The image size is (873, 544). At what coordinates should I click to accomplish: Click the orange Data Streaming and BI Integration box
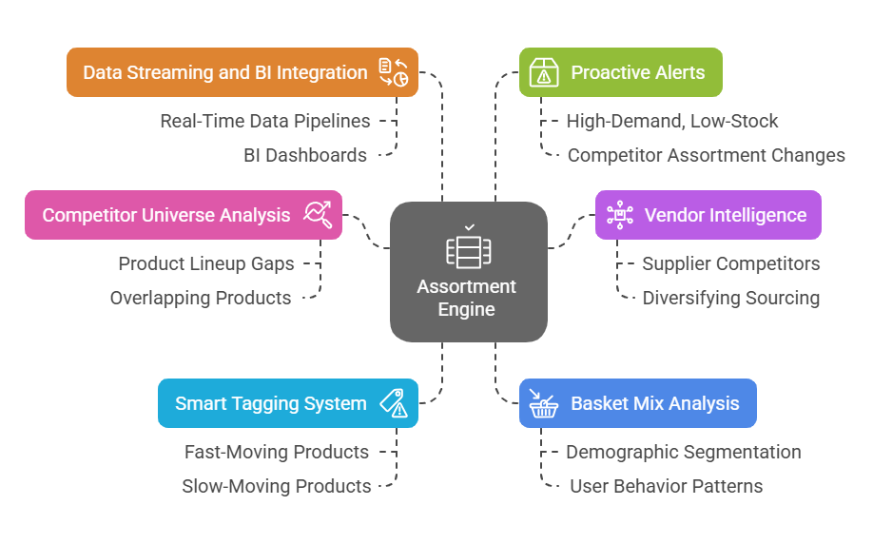pyautogui.click(x=242, y=72)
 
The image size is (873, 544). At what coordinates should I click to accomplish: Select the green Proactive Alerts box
pyautogui.click(x=620, y=72)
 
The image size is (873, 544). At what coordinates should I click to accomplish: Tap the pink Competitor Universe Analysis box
pyautogui.click(x=184, y=214)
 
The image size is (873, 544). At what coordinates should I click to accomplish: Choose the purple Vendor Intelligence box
pyautogui.click(x=708, y=214)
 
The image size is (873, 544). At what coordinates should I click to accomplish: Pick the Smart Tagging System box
pyautogui.click(x=287, y=403)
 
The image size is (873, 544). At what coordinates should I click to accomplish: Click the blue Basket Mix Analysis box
pyautogui.click(x=637, y=403)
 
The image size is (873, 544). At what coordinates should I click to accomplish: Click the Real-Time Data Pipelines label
pyautogui.click(x=264, y=121)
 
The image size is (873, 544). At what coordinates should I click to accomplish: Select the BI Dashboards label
pyautogui.click(x=305, y=155)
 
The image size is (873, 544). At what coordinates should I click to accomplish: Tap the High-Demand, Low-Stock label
pyautogui.click(x=671, y=121)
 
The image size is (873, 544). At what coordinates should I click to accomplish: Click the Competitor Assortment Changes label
pyautogui.click(x=706, y=155)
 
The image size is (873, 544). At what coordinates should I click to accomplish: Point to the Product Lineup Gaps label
pyautogui.click(x=206, y=263)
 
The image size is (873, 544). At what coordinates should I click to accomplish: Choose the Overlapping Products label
pyautogui.click(x=201, y=298)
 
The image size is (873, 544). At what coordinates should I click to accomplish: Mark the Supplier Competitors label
pyautogui.click(x=730, y=263)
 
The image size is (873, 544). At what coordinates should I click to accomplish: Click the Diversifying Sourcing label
pyautogui.click(x=730, y=298)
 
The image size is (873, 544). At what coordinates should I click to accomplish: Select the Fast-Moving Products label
pyautogui.click(x=277, y=452)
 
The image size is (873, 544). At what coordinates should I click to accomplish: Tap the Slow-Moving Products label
pyautogui.click(x=277, y=486)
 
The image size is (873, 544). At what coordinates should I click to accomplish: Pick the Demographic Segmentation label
pyautogui.click(x=683, y=452)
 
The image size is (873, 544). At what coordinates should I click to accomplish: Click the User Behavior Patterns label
pyautogui.click(x=666, y=486)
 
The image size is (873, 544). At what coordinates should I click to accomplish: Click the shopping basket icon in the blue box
pyautogui.click(x=543, y=403)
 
